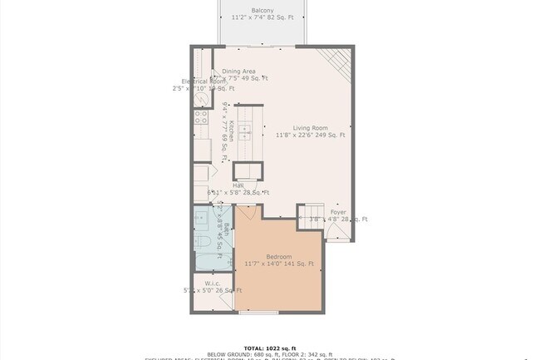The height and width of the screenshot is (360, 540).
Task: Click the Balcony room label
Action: coord(263,10)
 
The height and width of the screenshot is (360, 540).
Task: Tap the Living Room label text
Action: coord(310,127)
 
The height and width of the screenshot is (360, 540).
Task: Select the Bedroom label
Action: coord(279,256)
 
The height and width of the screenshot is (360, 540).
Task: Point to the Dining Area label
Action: coord(238,72)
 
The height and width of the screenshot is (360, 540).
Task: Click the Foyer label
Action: coord(338,212)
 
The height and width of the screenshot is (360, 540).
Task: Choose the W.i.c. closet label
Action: coord(212,284)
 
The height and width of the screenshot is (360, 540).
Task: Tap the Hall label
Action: coord(226,185)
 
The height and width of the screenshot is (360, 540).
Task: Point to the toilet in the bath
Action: coord(203,242)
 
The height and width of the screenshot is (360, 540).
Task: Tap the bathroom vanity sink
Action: coord(202,219)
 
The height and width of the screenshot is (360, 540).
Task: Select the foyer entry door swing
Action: coord(337,234)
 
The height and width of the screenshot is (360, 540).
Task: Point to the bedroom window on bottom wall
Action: coord(258,313)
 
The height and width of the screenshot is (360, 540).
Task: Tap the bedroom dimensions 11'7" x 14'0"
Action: coord(279,264)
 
